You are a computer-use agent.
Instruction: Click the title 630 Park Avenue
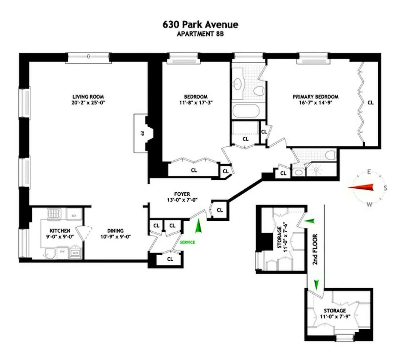200,25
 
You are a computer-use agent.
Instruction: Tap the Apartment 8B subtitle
200,34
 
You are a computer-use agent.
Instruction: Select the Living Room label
88,97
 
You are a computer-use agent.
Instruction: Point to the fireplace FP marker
142,133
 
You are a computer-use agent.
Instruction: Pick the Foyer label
182,194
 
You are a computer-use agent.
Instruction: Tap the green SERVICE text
187,242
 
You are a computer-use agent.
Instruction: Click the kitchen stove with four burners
53,213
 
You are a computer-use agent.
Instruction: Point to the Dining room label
116,231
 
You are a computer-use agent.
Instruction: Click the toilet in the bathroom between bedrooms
259,90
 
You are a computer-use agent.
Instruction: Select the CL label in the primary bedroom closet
370,102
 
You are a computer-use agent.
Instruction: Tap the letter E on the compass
369,172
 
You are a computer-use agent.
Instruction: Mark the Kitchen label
60,231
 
